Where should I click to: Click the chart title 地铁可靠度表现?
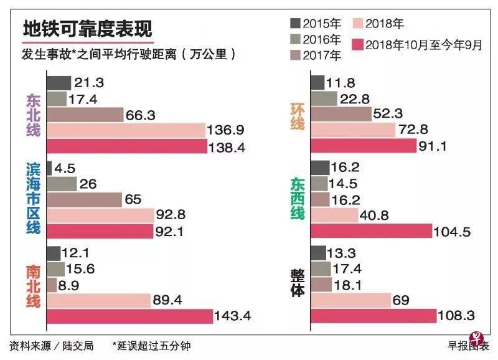point(86,29)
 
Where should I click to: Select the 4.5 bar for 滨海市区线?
point(49,168)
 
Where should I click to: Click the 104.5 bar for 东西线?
point(370,230)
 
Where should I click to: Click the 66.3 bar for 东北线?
point(85,115)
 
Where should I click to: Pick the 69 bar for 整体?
point(350,300)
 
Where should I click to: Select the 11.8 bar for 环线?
point(316,82)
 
